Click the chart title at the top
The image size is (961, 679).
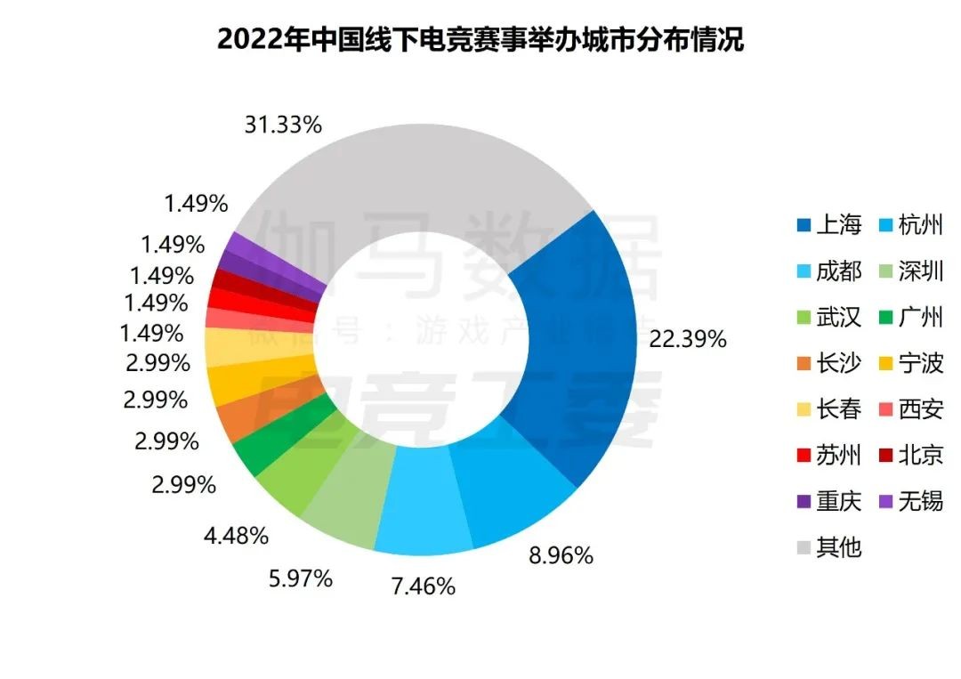point(480,40)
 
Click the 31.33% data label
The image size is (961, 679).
point(282,125)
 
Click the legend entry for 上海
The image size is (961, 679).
point(828,225)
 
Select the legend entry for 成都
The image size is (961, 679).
point(828,271)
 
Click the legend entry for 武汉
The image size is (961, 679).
point(828,317)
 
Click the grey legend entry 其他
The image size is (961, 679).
point(828,546)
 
